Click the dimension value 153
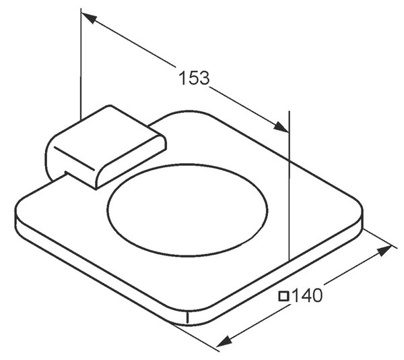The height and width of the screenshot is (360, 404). click(x=195, y=78)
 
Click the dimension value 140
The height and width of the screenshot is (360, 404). click(x=307, y=295)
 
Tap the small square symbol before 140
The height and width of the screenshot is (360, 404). click(x=283, y=296)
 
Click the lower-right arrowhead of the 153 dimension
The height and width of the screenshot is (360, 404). click(x=281, y=127)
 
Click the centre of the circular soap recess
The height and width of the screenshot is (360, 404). click(x=187, y=210)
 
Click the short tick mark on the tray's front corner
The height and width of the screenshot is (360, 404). click(x=187, y=318)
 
